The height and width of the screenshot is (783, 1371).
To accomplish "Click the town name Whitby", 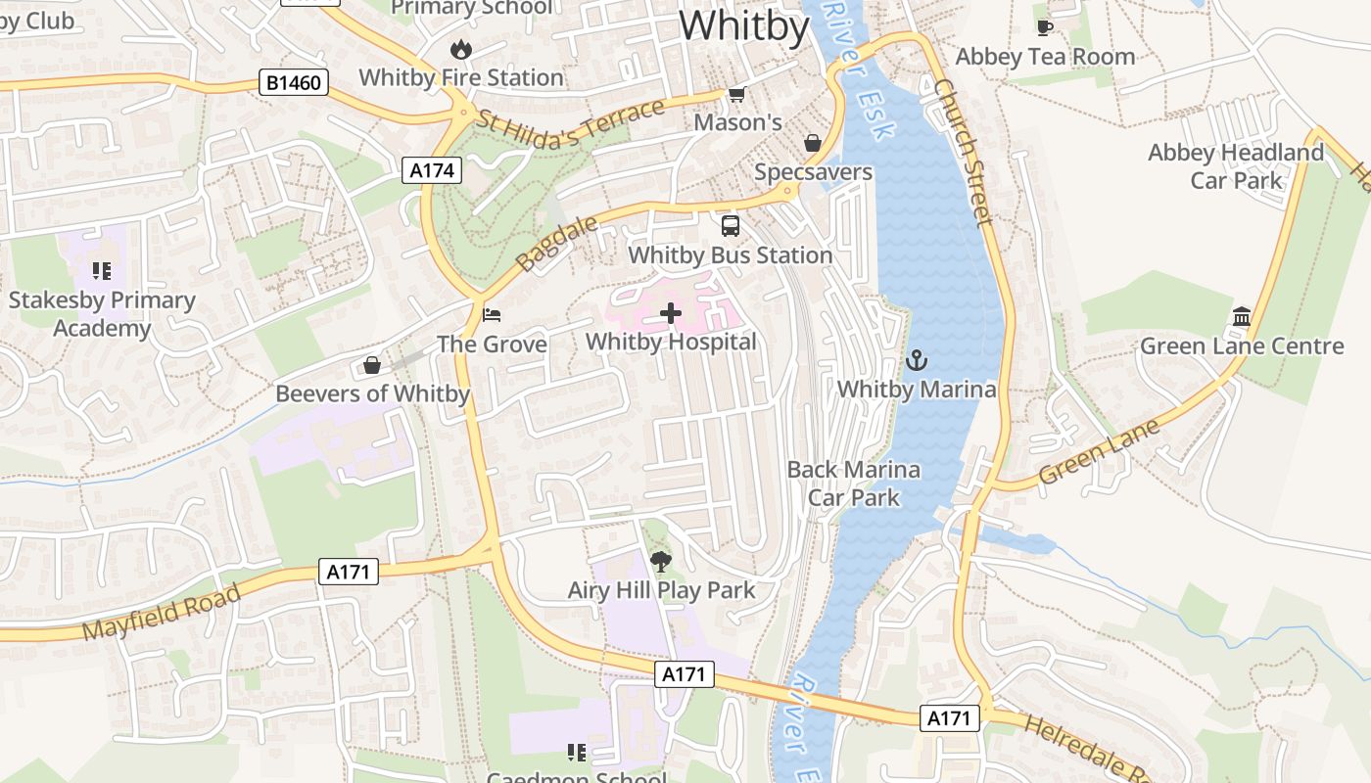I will click(x=743, y=25).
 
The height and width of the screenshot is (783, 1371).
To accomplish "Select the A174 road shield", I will click(x=432, y=170).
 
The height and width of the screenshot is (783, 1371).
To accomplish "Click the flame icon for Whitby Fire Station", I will click(x=460, y=49).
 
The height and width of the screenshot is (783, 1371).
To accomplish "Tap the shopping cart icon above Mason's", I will click(x=736, y=94).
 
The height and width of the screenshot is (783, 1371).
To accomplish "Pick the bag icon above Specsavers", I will click(x=813, y=144).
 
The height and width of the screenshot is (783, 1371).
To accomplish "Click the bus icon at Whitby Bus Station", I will click(x=731, y=226).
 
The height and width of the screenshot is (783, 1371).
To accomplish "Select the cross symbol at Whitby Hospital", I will click(x=671, y=313).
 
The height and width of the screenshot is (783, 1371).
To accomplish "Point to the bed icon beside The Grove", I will click(x=492, y=315).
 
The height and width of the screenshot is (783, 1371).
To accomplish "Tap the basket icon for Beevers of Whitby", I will click(x=372, y=366).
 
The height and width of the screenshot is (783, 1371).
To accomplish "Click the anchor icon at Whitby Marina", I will click(x=916, y=360).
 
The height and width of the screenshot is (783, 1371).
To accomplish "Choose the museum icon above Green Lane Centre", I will click(x=1242, y=317).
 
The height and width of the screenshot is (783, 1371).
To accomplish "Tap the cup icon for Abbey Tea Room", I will click(x=1045, y=28).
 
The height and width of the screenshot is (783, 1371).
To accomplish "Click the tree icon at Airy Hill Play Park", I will click(x=661, y=562).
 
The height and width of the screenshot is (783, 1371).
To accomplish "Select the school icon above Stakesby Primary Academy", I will click(x=102, y=271).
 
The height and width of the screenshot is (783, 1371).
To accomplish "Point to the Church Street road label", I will click(x=963, y=152).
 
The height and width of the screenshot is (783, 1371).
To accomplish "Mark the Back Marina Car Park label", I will click(x=854, y=484).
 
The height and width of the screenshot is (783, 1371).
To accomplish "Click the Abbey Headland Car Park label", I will click(x=1236, y=166).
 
